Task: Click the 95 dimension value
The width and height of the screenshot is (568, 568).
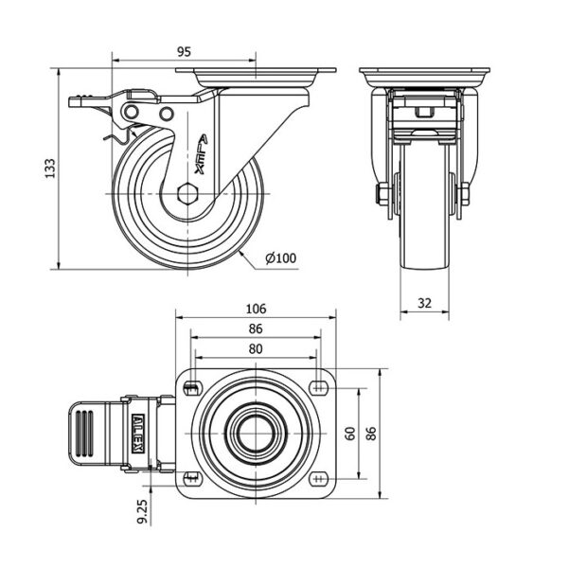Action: [x=184, y=52]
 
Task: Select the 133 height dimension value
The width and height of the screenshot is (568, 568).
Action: [x=50, y=169]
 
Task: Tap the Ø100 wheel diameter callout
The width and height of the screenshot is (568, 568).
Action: [x=280, y=257]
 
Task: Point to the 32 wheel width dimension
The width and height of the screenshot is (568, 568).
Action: [x=424, y=303]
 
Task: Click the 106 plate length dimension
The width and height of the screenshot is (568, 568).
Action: [x=256, y=309]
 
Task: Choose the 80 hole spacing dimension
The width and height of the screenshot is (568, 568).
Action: [x=256, y=348]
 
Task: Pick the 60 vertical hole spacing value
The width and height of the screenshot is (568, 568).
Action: [x=350, y=434]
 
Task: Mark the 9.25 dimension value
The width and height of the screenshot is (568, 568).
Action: [x=143, y=511]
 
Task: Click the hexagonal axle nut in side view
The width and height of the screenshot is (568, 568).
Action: [x=187, y=194]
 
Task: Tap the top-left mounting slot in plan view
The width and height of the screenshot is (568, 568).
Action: [x=192, y=389]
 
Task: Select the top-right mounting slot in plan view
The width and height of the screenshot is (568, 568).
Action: [x=319, y=388]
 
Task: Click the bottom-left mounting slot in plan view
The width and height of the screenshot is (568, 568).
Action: [x=192, y=478]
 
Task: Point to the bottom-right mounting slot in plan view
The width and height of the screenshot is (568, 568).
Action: [x=319, y=479]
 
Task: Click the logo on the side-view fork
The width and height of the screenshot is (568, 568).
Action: [x=202, y=154]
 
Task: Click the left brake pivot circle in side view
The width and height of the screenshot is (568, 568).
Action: [x=132, y=112]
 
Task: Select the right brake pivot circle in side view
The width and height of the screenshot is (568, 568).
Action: [x=167, y=114]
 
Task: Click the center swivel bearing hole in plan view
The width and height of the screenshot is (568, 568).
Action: [x=256, y=434]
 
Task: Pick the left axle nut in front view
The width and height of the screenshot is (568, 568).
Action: [x=382, y=194]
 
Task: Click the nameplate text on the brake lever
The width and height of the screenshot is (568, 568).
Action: [x=138, y=434]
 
